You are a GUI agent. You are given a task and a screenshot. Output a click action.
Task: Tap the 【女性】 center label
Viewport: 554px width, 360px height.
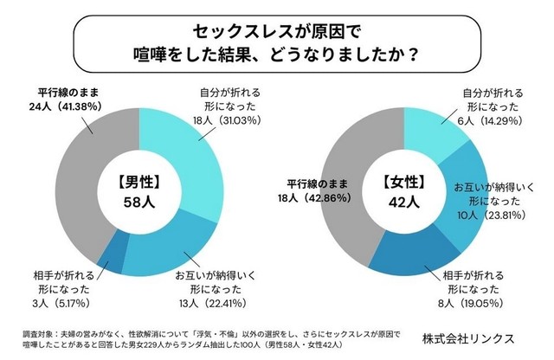[x=405, y=183]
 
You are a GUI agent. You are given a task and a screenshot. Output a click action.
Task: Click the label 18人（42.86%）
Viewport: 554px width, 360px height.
[x=312, y=197]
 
